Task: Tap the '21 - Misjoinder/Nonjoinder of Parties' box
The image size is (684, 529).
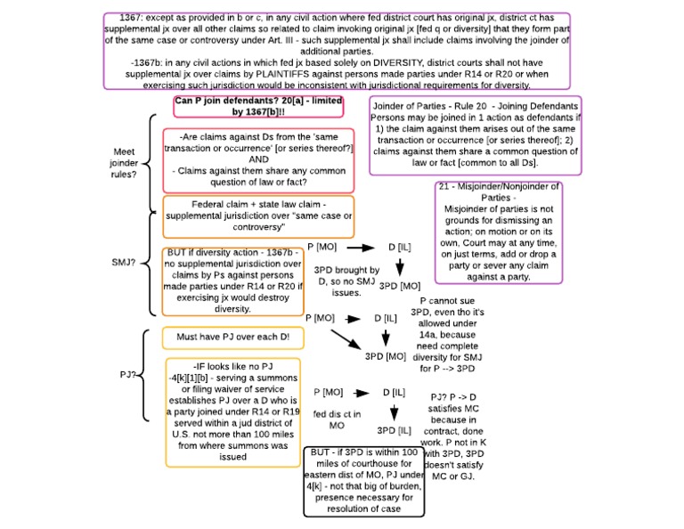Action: coord(499,232)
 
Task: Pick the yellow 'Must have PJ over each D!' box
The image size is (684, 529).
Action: coord(232,338)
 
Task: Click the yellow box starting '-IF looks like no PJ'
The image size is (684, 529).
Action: coord(232,411)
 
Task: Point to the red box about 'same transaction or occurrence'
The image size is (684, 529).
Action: coord(233,159)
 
